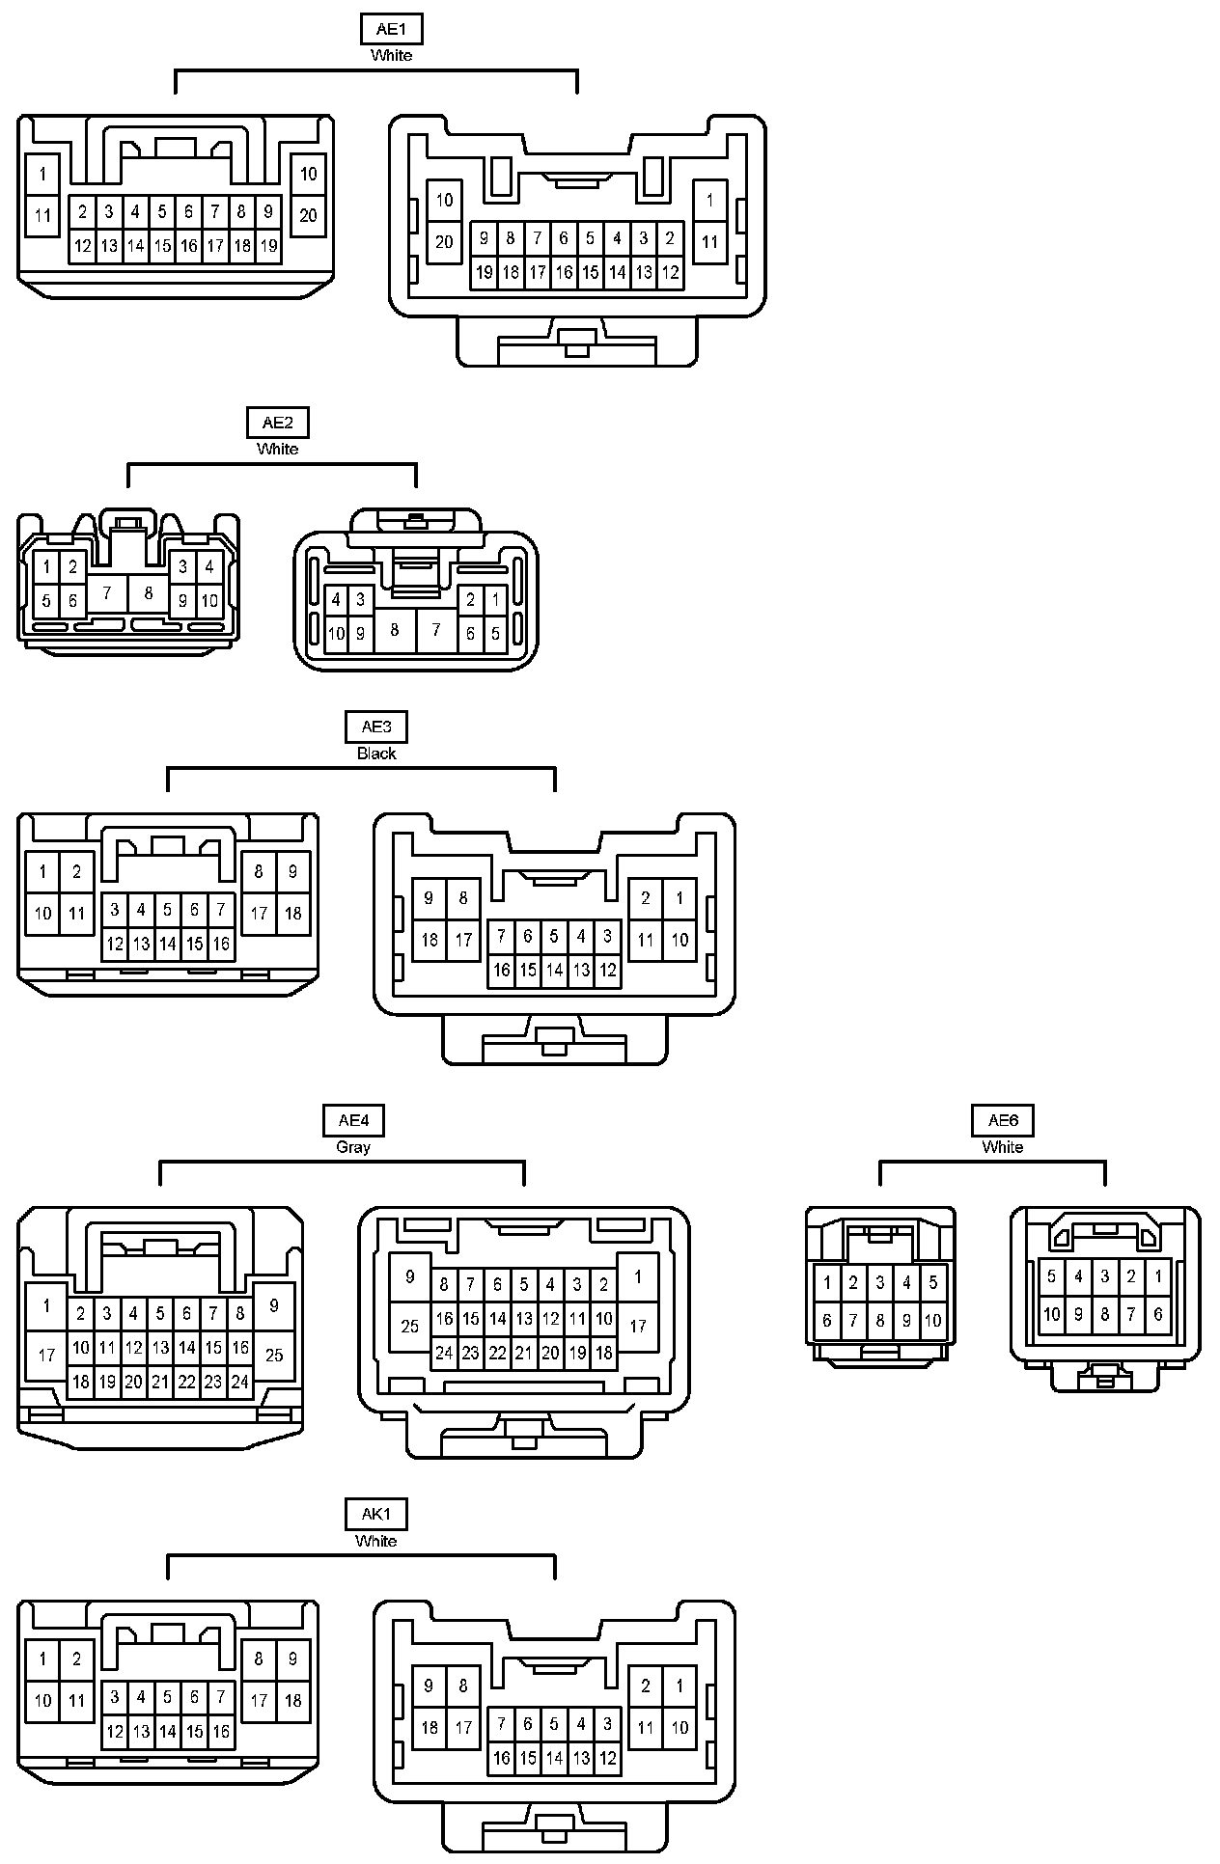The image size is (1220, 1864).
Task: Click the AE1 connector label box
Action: pyautogui.click(x=391, y=29)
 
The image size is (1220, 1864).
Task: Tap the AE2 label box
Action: pyautogui.click(x=278, y=423)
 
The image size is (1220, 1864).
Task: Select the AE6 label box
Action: pyautogui.click(x=1003, y=1120)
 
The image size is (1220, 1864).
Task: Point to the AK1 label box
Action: pyautogui.click(x=376, y=1514)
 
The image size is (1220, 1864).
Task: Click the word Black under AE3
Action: pyautogui.click(x=376, y=754)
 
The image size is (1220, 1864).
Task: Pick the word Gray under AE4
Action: pyautogui.click(x=353, y=1147)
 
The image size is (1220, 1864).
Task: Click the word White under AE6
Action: pyautogui.click(x=1003, y=1147)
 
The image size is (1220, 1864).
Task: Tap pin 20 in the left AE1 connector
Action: pyautogui.click(x=308, y=215)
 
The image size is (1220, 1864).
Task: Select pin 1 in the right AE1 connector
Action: pyautogui.click(x=710, y=201)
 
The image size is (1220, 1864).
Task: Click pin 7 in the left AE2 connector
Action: pyautogui.click(x=107, y=592)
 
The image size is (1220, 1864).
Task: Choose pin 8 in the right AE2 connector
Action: pyautogui.click(x=394, y=631)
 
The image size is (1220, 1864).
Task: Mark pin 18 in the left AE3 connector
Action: pyautogui.click(x=293, y=913)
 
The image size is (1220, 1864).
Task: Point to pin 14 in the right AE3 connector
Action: pyautogui.click(x=554, y=970)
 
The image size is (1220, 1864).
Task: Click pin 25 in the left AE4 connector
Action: pyautogui.click(x=274, y=1355)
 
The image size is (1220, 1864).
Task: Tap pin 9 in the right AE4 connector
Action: pyautogui.click(x=410, y=1276)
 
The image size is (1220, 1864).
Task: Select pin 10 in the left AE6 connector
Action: pyautogui.click(x=933, y=1321)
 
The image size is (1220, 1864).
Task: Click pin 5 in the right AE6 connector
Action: pyautogui.click(x=1052, y=1276)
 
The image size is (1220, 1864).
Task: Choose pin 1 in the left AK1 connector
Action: pyautogui.click(x=42, y=1659)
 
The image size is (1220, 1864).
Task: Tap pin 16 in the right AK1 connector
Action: pyautogui.click(x=501, y=1757)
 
